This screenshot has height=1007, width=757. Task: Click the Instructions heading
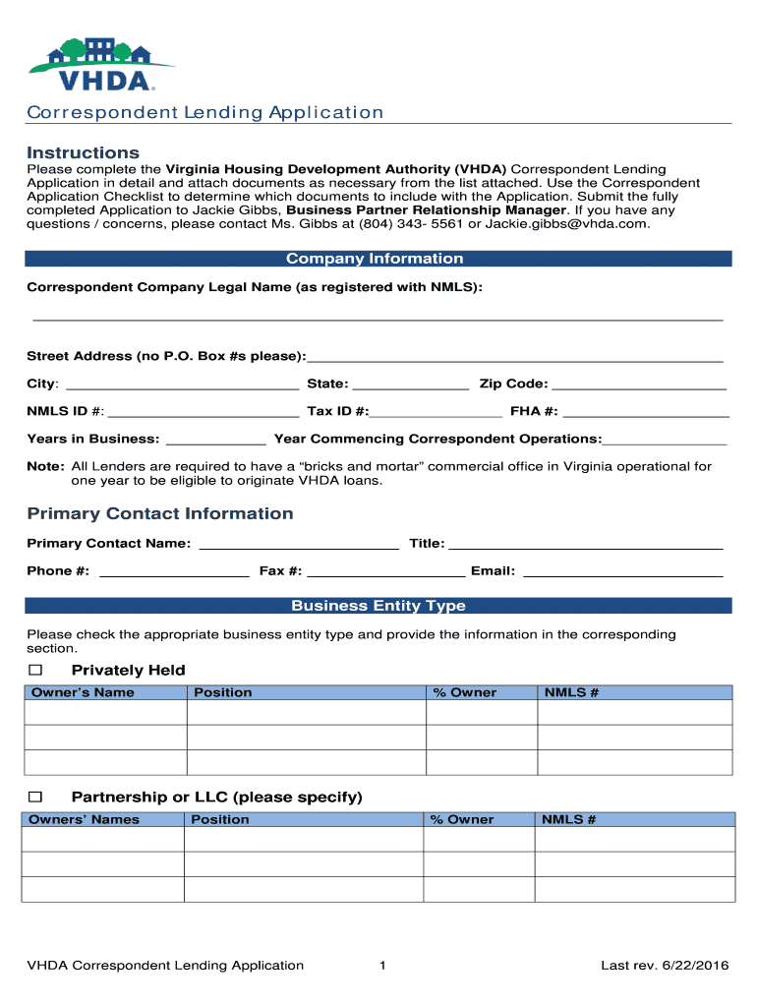pyautogui.click(x=83, y=152)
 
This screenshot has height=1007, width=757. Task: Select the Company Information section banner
pyautogui.click(x=378, y=259)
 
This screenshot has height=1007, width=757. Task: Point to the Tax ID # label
pyautogui.click(x=337, y=411)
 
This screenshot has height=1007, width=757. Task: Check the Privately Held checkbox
pyautogui.click(x=36, y=670)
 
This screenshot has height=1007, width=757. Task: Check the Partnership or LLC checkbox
pyautogui.click(x=36, y=796)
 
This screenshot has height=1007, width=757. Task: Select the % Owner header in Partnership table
pyautogui.click(x=462, y=819)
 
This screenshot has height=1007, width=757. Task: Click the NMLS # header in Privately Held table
pyautogui.click(x=571, y=692)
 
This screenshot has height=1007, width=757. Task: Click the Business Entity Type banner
pyautogui.click(x=378, y=606)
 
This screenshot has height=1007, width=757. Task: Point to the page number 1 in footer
pyautogui.click(x=381, y=966)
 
